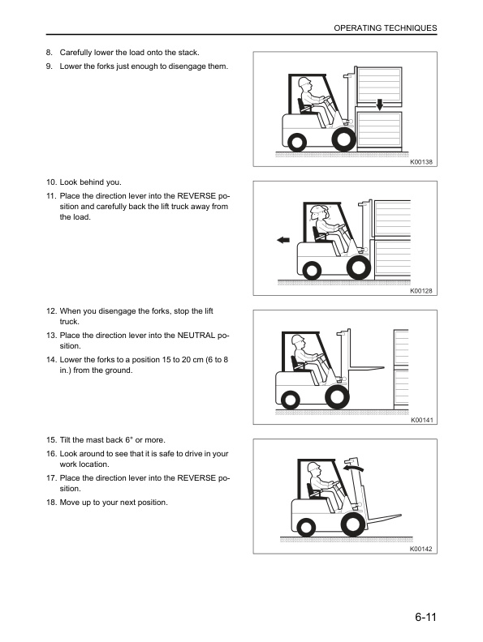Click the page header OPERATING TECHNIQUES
pos(386,28)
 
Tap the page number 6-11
pos(423,618)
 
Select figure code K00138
pos(422,162)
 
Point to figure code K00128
pos(422,291)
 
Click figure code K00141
pos(422,420)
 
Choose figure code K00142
pos(422,549)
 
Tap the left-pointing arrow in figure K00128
pos(283,240)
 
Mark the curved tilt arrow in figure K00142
pos(351,467)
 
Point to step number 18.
pos(51,503)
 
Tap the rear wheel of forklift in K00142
pos(304,527)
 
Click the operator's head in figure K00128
pos(320,214)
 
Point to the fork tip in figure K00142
pos(401,516)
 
